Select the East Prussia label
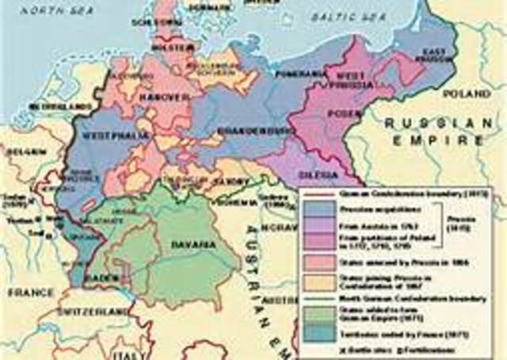click(433, 55)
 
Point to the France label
click(28, 292)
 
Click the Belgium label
click(24, 150)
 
